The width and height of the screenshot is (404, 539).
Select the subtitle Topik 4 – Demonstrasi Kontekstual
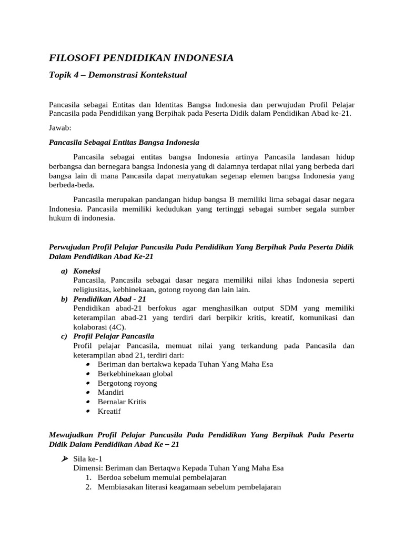[x=118, y=75]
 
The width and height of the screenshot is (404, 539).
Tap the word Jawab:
[x=59, y=128]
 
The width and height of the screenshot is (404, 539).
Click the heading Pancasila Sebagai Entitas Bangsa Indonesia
[x=124, y=142]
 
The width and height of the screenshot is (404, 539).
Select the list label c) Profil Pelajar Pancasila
[x=108, y=336]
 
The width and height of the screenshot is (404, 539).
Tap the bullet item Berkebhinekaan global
[x=135, y=374]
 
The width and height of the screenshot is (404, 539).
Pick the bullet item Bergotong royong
[x=127, y=383]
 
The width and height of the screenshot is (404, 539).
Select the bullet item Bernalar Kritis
[x=122, y=402]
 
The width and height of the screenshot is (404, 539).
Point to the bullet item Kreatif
[x=109, y=411]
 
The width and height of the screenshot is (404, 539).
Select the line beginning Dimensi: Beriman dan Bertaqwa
[x=179, y=468]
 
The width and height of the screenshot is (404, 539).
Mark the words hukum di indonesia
[x=82, y=218]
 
